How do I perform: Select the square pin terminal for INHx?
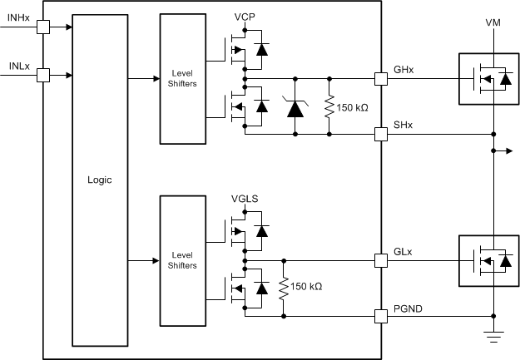click(x=43, y=27)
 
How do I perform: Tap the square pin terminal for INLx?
click(x=43, y=76)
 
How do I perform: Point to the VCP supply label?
click(x=245, y=17)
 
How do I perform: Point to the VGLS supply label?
click(x=247, y=200)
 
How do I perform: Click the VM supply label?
click(x=493, y=22)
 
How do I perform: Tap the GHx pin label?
click(x=403, y=69)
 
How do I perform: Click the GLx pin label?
click(x=402, y=250)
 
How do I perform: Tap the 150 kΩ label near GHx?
click(x=354, y=106)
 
